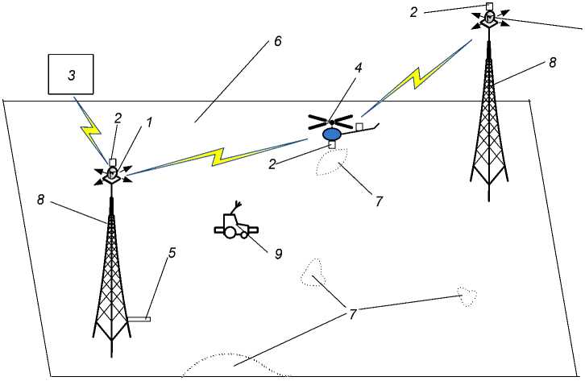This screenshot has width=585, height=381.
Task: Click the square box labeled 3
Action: pyautogui.click(x=71, y=76)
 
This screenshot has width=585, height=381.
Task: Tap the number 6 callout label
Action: pyautogui.click(x=277, y=41)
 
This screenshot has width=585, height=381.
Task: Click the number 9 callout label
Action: pyautogui.click(x=278, y=254)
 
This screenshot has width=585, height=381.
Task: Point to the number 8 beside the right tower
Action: pyautogui.click(x=552, y=61)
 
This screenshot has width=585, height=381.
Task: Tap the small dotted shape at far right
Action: pyautogui.click(x=467, y=296)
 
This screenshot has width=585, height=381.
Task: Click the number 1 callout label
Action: pyautogui.click(x=147, y=122)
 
